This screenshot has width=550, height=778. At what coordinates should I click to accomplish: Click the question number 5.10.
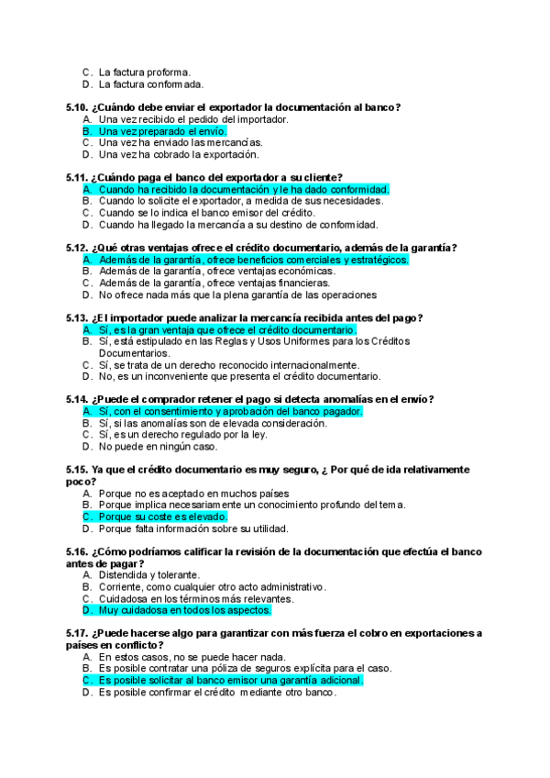[78, 107]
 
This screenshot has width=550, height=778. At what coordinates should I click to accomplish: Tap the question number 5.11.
[78, 177]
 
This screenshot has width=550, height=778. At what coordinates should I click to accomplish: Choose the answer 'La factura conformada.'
[150, 84]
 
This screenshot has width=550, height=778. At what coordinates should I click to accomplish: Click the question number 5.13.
[78, 317]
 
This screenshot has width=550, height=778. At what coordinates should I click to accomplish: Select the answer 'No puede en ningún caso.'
[158, 447]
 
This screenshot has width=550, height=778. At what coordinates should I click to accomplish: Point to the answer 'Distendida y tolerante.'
[149, 575]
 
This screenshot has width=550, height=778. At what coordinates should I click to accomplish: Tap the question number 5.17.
[78, 633]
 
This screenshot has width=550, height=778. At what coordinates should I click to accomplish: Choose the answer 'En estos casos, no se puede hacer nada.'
[192, 657]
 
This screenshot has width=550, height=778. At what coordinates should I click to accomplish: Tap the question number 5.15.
[78, 470]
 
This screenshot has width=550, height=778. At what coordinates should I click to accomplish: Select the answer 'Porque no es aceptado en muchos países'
[193, 494]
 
